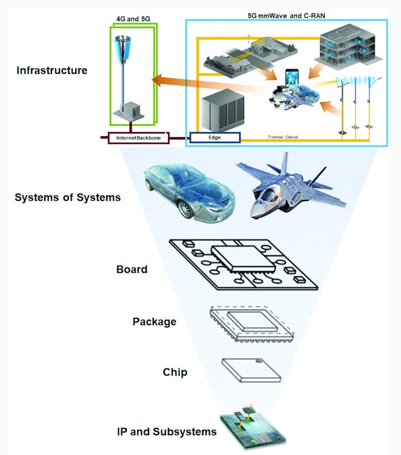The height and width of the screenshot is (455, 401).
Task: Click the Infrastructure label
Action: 52,70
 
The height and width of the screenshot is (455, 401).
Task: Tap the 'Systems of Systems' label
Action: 67,198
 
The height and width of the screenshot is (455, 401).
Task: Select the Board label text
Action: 132,270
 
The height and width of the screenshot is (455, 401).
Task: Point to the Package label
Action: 154,321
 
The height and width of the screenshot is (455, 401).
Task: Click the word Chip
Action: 175,372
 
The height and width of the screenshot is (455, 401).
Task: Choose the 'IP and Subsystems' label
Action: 167,432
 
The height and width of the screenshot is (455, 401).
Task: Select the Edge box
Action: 214,138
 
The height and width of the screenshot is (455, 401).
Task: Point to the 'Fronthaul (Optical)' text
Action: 282,137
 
